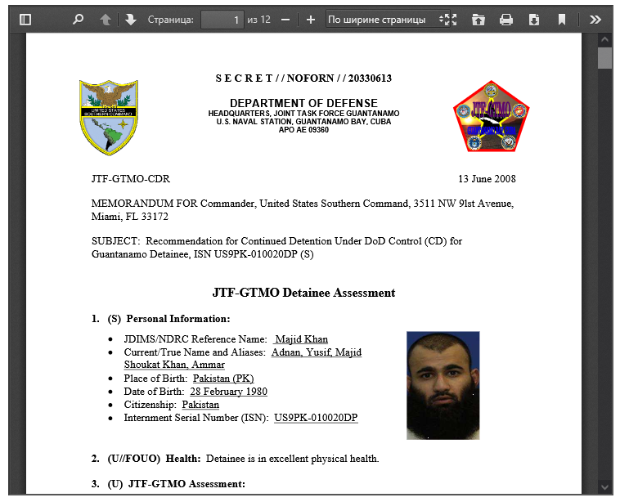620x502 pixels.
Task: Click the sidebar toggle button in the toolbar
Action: click(x=25, y=19)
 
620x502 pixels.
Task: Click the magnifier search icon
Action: click(x=78, y=19)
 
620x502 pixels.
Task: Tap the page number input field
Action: click(x=222, y=19)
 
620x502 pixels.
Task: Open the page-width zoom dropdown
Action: click(x=388, y=19)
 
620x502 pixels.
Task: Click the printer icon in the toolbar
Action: click(x=506, y=19)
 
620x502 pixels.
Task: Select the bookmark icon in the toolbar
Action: click(x=562, y=19)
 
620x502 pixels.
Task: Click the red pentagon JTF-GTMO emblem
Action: click(x=491, y=117)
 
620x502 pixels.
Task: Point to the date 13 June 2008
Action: click(x=487, y=179)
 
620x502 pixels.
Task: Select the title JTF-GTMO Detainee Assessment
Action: click(x=303, y=293)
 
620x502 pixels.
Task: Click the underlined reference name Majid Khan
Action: click(x=301, y=339)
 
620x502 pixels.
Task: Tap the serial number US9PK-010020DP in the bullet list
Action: click(x=316, y=418)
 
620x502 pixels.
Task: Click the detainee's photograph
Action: click(x=443, y=385)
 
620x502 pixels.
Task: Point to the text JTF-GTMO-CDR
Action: click(x=131, y=179)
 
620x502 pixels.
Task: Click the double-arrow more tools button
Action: click(x=595, y=19)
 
